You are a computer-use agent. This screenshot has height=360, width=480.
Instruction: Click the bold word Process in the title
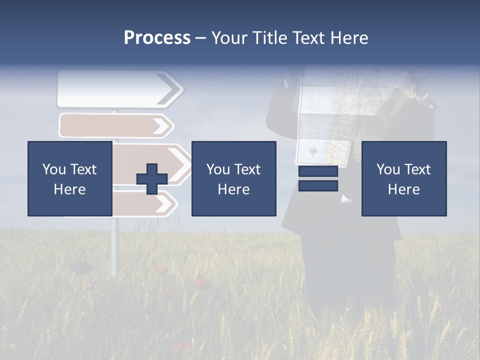tap(157, 38)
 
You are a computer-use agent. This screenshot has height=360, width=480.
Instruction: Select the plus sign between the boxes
tap(152, 178)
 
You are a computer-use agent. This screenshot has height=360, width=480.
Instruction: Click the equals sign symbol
tap(318, 178)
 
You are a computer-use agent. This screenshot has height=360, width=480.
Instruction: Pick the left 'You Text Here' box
tap(69, 178)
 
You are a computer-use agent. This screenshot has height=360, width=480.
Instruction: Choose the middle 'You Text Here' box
tap(233, 178)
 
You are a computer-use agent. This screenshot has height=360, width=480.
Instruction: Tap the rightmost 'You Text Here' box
tap(403, 178)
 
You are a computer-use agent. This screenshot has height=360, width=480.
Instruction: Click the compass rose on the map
tap(313, 151)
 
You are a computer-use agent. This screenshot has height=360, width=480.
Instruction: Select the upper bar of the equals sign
tap(318, 171)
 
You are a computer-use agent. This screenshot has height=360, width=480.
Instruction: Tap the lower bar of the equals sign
tap(318, 186)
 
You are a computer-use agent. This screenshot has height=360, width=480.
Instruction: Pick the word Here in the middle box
tap(233, 189)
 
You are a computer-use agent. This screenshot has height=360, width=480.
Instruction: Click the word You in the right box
tap(388, 169)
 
